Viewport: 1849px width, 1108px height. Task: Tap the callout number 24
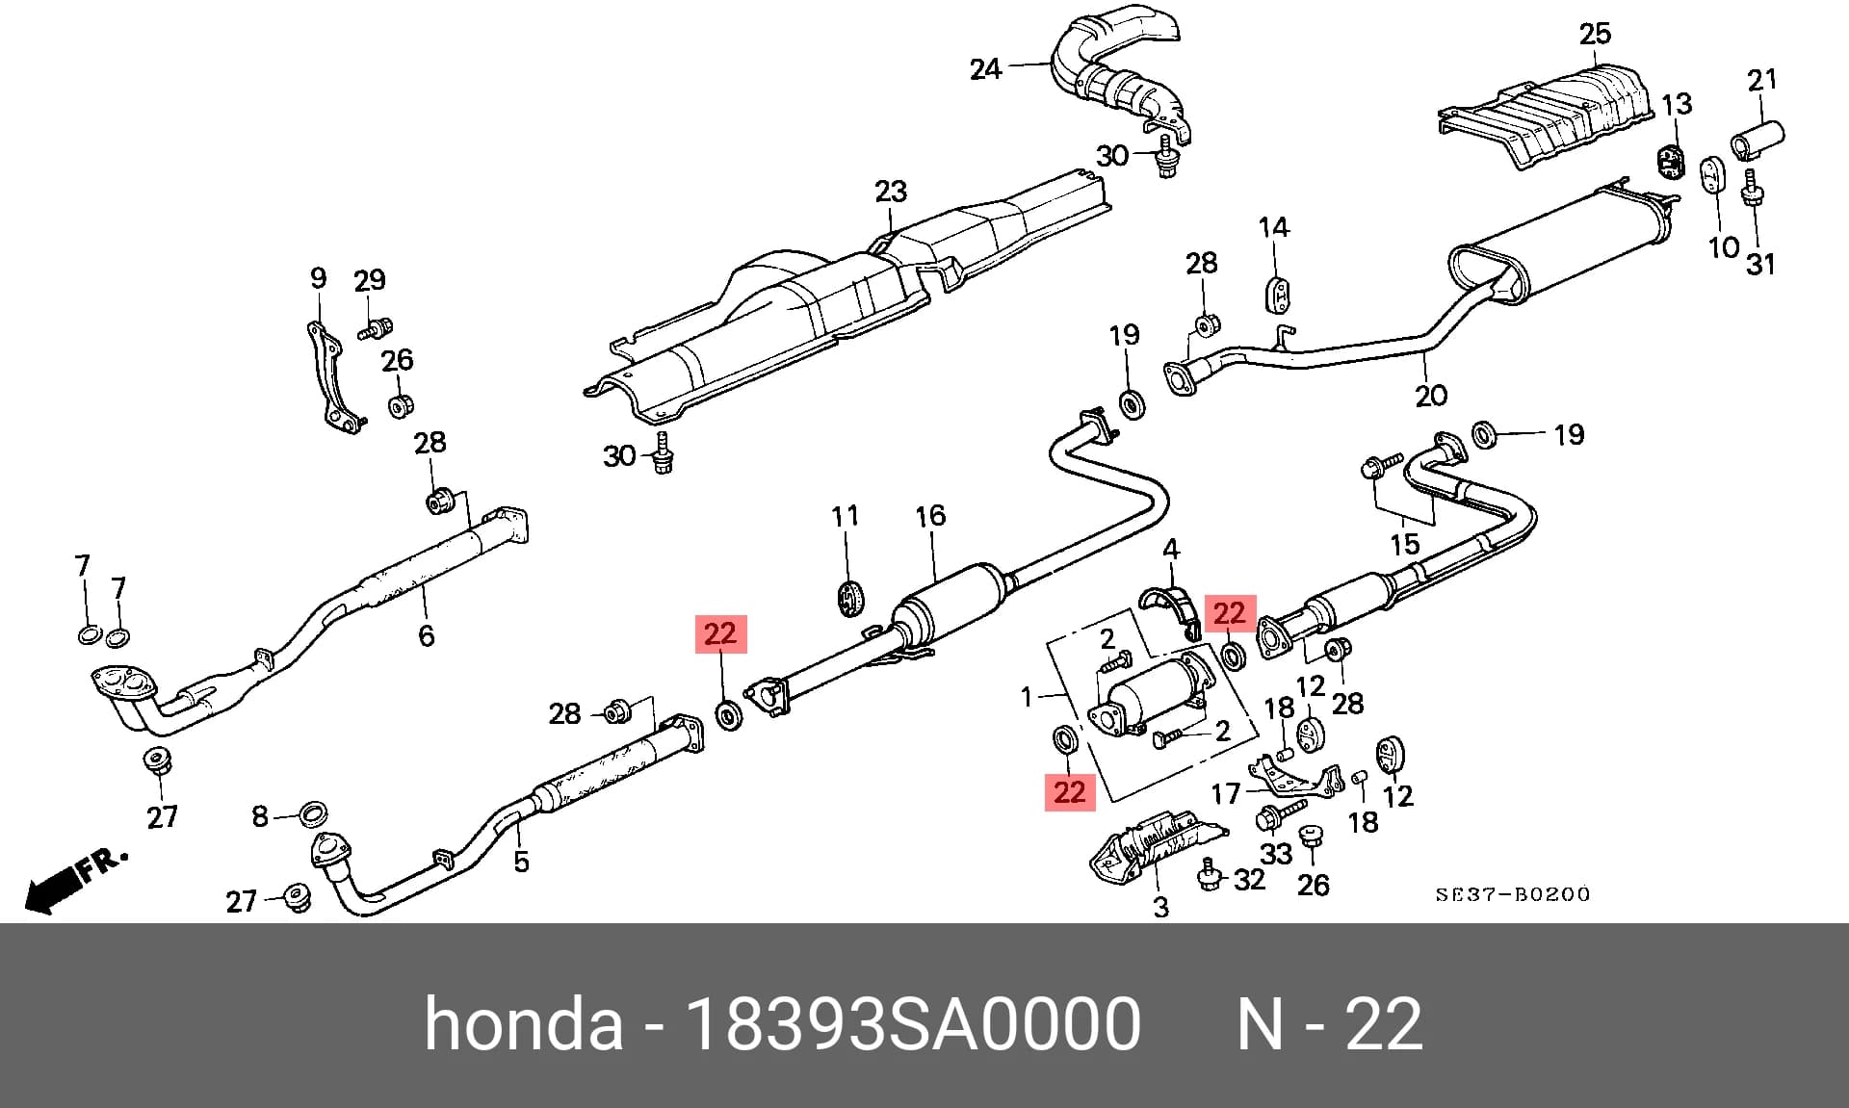coord(986,69)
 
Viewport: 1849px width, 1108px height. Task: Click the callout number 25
coord(1595,35)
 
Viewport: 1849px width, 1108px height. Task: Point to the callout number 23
coord(891,192)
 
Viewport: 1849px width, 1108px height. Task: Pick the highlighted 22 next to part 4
coord(1230,613)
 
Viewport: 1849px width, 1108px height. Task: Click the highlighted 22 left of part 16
coord(720,633)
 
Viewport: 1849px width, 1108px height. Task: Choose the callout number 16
coord(930,516)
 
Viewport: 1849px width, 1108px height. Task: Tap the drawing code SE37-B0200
coord(1513,894)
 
